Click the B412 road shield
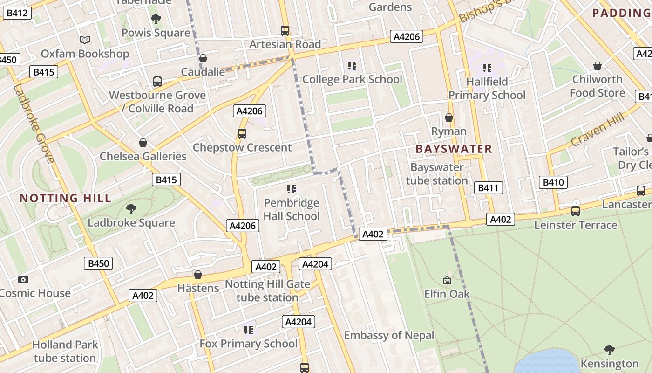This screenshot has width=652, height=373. (17, 13)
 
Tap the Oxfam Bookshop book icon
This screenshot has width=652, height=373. (84, 40)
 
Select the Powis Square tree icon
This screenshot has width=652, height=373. (156, 19)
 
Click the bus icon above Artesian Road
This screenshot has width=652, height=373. (285, 31)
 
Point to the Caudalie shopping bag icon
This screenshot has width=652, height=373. (203, 58)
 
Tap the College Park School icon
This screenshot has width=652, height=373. (352, 66)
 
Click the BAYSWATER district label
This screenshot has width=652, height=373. (454, 149)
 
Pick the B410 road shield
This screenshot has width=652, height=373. (553, 182)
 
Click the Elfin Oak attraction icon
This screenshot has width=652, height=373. (447, 280)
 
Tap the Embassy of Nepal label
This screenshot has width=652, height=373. (389, 335)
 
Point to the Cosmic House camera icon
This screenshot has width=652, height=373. (23, 280)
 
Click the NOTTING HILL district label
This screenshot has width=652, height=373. (65, 198)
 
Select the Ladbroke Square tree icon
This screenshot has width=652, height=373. (131, 209)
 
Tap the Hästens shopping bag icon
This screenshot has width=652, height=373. (198, 275)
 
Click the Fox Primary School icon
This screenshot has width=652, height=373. (249, 330)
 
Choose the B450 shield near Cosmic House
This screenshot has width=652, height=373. (99, 263)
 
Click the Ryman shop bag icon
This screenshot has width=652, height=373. (449, 117)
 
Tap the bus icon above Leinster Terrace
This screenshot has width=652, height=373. (576, 211)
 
